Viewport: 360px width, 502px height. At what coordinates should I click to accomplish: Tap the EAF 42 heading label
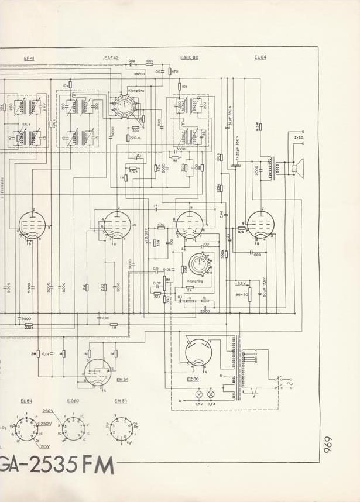pyautogui.click(x=112, y=58)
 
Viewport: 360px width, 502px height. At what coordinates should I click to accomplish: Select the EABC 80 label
pyautogui.click(x=190, y=58)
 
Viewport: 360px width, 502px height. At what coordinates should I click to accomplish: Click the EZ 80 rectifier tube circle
pyautogui.click(x=197, y=353)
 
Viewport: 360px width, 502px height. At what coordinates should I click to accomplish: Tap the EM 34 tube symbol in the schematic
pyautogui.click(x=97, y=371)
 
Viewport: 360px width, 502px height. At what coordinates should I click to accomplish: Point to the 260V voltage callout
pyautogui.click(x=47, y=411)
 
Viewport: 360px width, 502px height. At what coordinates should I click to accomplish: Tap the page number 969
pyautogui.click(x=328, y=448)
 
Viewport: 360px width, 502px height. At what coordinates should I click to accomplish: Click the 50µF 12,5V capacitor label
pyautogui.click(x=265, y=287)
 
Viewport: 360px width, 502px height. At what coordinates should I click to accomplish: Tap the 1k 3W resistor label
pyautogui.click(x=256, y=126)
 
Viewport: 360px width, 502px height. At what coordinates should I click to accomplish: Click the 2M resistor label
pyautogui.click(x=33, y=354)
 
